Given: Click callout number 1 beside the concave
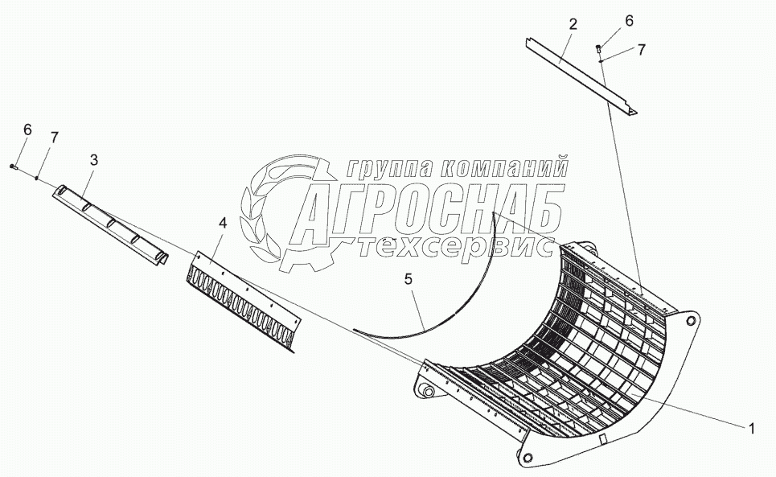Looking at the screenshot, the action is pyautogui.click(x=751, y=429).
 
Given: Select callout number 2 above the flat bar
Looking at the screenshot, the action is pyautogui.click(x=572, y=24).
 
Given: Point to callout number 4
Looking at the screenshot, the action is pyautogui.click(x=222, y=223).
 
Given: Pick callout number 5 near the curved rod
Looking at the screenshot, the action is pyautogui.click(x=408, y=280).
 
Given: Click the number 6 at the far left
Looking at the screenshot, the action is pyautogui.click(x=27, y=129).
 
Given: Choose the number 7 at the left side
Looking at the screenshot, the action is pyautogui.click(x=54, y=137).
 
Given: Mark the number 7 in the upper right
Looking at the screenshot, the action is pyautogui.click(x=641, y=49).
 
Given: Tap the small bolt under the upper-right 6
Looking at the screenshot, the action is pyautogui.click(x=599, y=49).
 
